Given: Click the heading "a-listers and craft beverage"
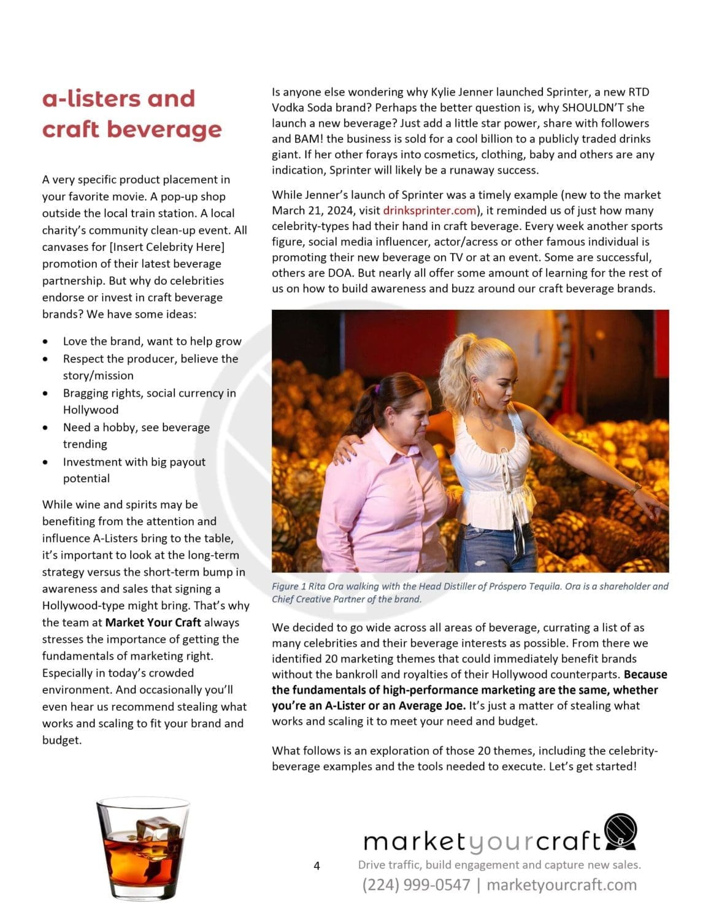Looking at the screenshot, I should pos(131,114).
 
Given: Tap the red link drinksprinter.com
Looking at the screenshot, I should pos(429,210).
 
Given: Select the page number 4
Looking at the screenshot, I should pos(317,866).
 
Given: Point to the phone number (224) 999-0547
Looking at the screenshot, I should pos(416,884).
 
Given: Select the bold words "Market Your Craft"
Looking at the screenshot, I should pos(153,623).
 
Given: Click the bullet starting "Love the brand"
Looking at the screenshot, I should pos(152,342).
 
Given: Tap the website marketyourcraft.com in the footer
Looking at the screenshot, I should pos(561,884).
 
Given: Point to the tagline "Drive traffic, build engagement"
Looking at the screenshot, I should pos(499,865).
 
